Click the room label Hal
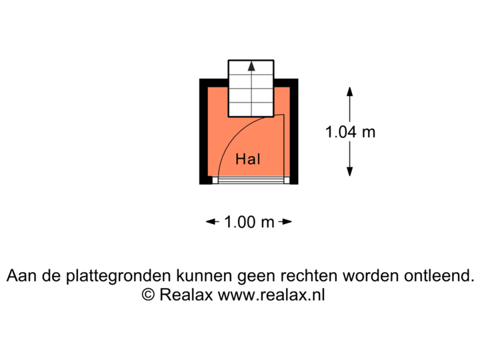(x=247, y=160)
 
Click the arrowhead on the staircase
(x=251, y=66)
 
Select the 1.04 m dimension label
(x=349, y=132)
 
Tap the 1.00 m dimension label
(x=249, y=222)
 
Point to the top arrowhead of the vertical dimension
(x=349, y=91)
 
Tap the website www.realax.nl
(x=271, y=295)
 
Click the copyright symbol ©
(x=148, y=295)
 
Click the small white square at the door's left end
(x=215, y=179)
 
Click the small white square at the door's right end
(x=286, y=179)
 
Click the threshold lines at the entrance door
(x=250, y=179)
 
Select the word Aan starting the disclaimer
(x=21, y=275)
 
